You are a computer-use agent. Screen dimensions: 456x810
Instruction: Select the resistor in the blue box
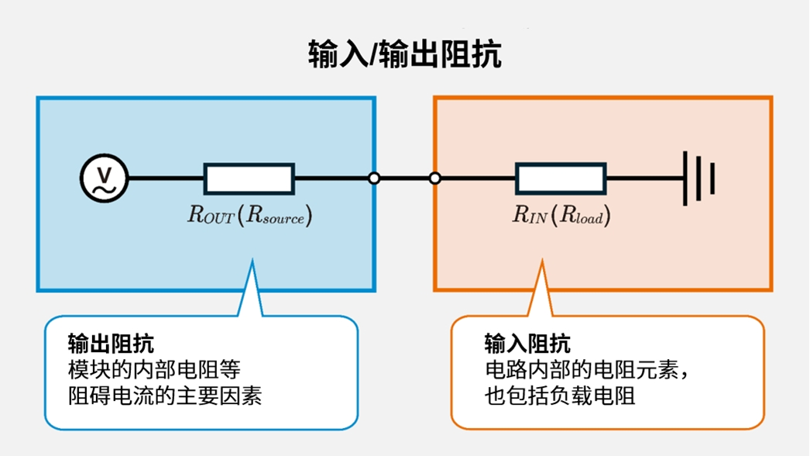point(249,178)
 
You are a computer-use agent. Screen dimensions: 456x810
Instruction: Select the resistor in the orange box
point(561,178)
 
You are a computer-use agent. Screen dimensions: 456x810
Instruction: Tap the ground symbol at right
point(698,178)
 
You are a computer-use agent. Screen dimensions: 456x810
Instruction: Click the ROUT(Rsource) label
point(249,216)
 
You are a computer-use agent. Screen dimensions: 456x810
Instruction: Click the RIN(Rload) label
point(561,216)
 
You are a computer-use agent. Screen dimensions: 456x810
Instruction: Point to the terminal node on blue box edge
point(374,178)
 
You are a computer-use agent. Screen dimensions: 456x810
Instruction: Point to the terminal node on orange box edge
point(435,178)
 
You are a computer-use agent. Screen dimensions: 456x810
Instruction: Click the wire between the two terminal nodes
point(404,178)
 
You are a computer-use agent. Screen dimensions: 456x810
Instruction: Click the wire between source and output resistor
point(165,178)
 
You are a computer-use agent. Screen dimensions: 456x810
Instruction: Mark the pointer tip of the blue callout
point(252,264)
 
